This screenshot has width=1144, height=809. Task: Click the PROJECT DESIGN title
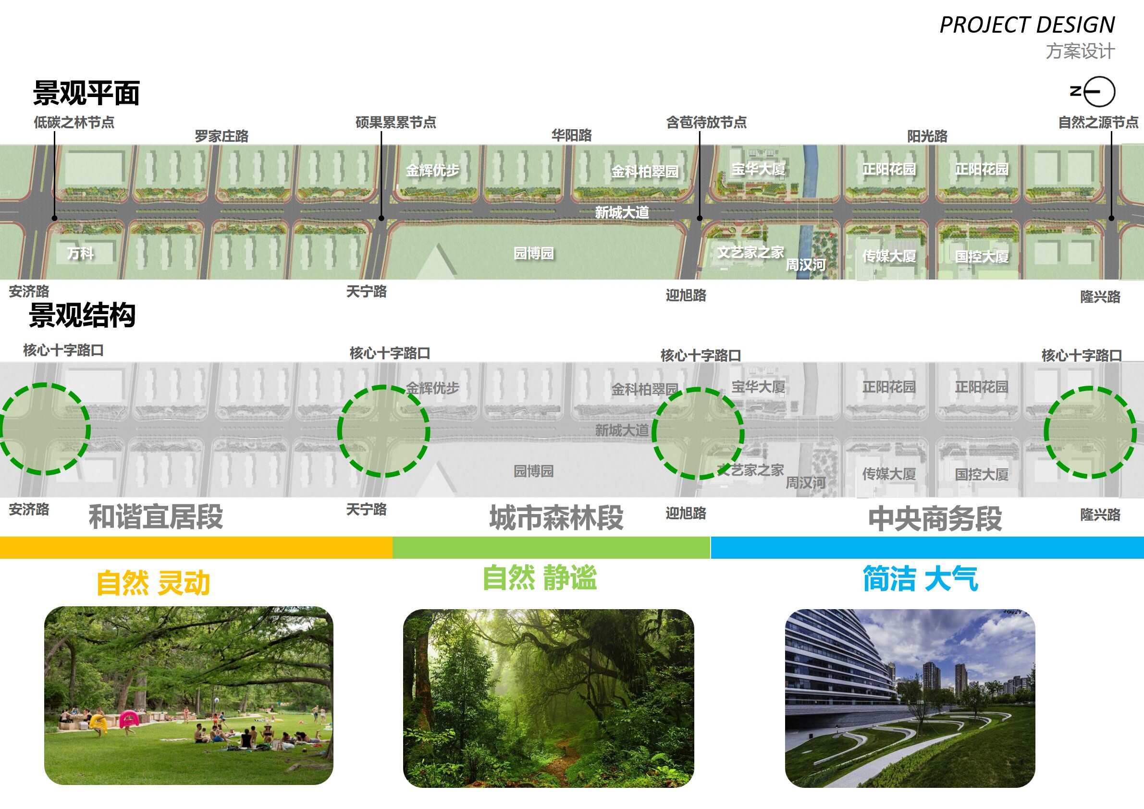[1027, 25]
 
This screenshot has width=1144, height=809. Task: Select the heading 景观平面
[86, 93]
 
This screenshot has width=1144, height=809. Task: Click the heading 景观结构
[82, 315]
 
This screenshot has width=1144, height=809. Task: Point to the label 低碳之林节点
[74, 123]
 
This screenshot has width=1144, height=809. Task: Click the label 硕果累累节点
[395, 123]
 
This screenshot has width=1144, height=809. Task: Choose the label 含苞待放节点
[706, 123]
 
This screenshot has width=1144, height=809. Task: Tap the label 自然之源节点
[1098, 123]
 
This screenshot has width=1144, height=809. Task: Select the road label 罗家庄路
[221, 136]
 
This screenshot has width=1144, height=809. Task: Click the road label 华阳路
[571, 135]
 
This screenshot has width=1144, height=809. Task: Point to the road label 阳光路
[927, 136]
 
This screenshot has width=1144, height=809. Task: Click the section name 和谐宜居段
[156, 516]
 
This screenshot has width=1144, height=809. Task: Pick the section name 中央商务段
[935, 518]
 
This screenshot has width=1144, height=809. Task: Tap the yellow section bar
[196, 548]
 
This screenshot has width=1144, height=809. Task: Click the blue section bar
[927, 548]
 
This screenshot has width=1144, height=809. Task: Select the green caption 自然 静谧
[540, 578]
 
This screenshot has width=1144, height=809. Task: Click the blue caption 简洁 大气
[920, 579]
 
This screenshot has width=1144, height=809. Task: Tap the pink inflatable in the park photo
[129, 719]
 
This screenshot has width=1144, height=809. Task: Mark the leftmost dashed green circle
[44, 429]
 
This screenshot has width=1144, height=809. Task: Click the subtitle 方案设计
[1080, 51]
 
